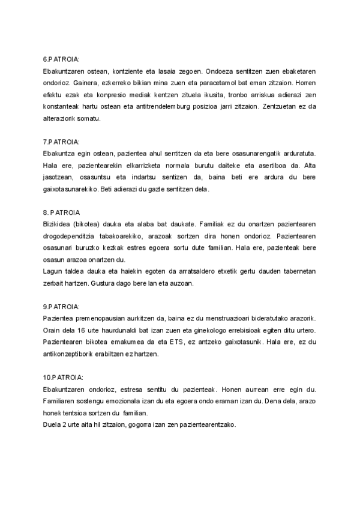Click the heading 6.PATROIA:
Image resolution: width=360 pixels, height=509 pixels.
coord(62,59)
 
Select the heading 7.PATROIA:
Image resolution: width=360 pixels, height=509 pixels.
coord(62,142)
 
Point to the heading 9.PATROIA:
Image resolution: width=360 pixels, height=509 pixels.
coord(62,306)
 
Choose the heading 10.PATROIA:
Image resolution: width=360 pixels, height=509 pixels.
coord(64,377)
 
